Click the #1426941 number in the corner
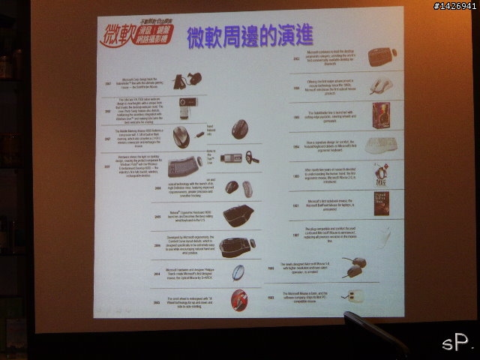[454, 7]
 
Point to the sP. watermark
[457, 343]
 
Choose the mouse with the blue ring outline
[237, 272]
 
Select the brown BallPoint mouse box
[381, 204]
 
